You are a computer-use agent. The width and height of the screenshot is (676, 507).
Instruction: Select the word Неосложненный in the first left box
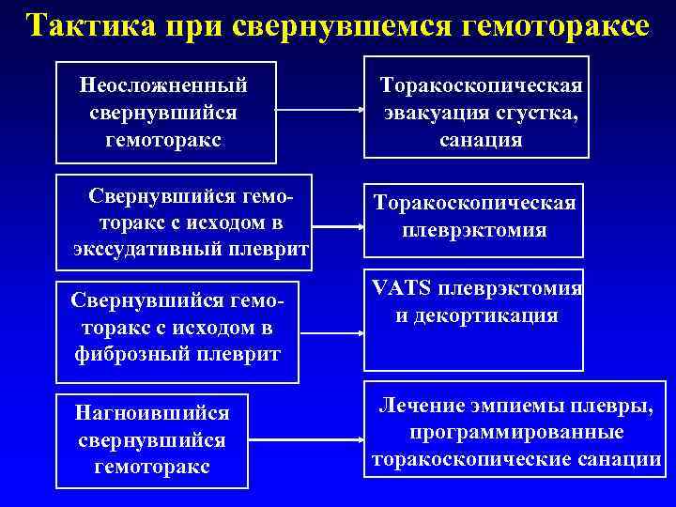164,85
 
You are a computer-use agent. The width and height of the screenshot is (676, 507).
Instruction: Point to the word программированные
516,433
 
